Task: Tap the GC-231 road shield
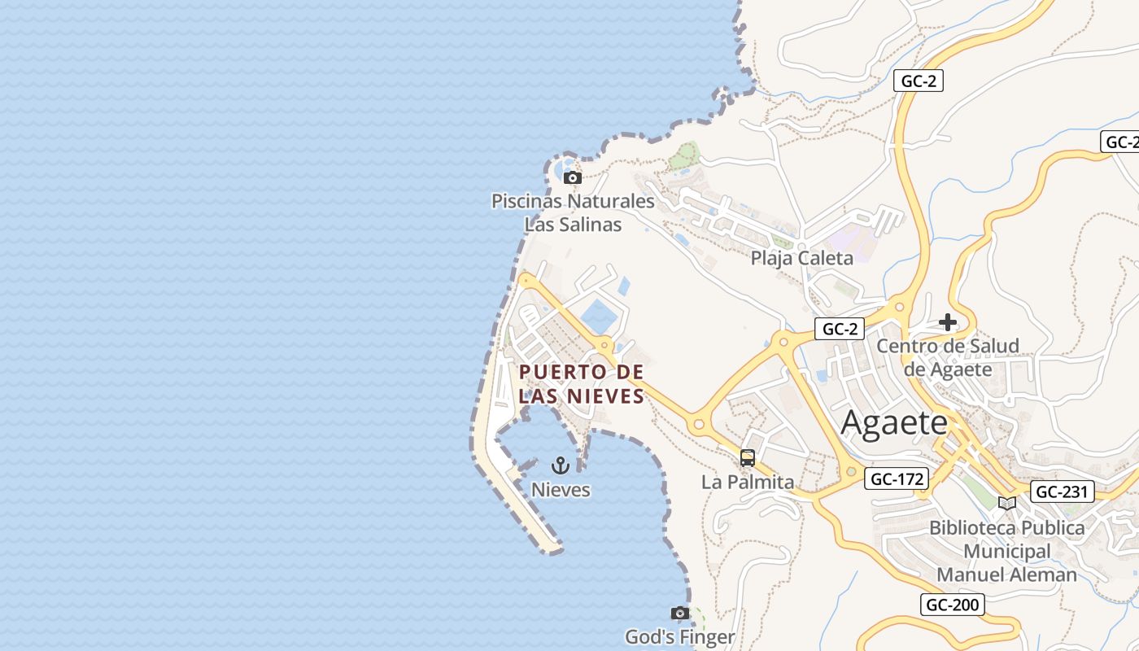tap(1062, 492)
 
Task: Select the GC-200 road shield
tap(954, 605)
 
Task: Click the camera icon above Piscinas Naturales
tap(573, 177)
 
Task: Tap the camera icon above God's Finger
tap(679, 613)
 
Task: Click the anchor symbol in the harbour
tap(560, 465)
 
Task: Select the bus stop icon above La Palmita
tap(748, 458)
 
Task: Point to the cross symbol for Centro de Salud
tap(948, 322)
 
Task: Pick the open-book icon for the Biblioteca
tap(1007, 503)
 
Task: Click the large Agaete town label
tap(894, 423)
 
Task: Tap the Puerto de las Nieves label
tap(582, 384)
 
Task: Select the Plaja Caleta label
tap(801, 259)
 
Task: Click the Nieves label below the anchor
tap(561, 490)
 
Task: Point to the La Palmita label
tap(748, 482)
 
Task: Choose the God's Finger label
tap(679, 636)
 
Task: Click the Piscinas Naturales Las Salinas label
tap(573, 212)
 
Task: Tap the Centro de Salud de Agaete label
tap(948, 357)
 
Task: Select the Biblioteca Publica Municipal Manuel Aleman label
tap(1007, 551)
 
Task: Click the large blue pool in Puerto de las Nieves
tap(599, 317)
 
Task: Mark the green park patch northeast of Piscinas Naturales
tap(685, 155)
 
